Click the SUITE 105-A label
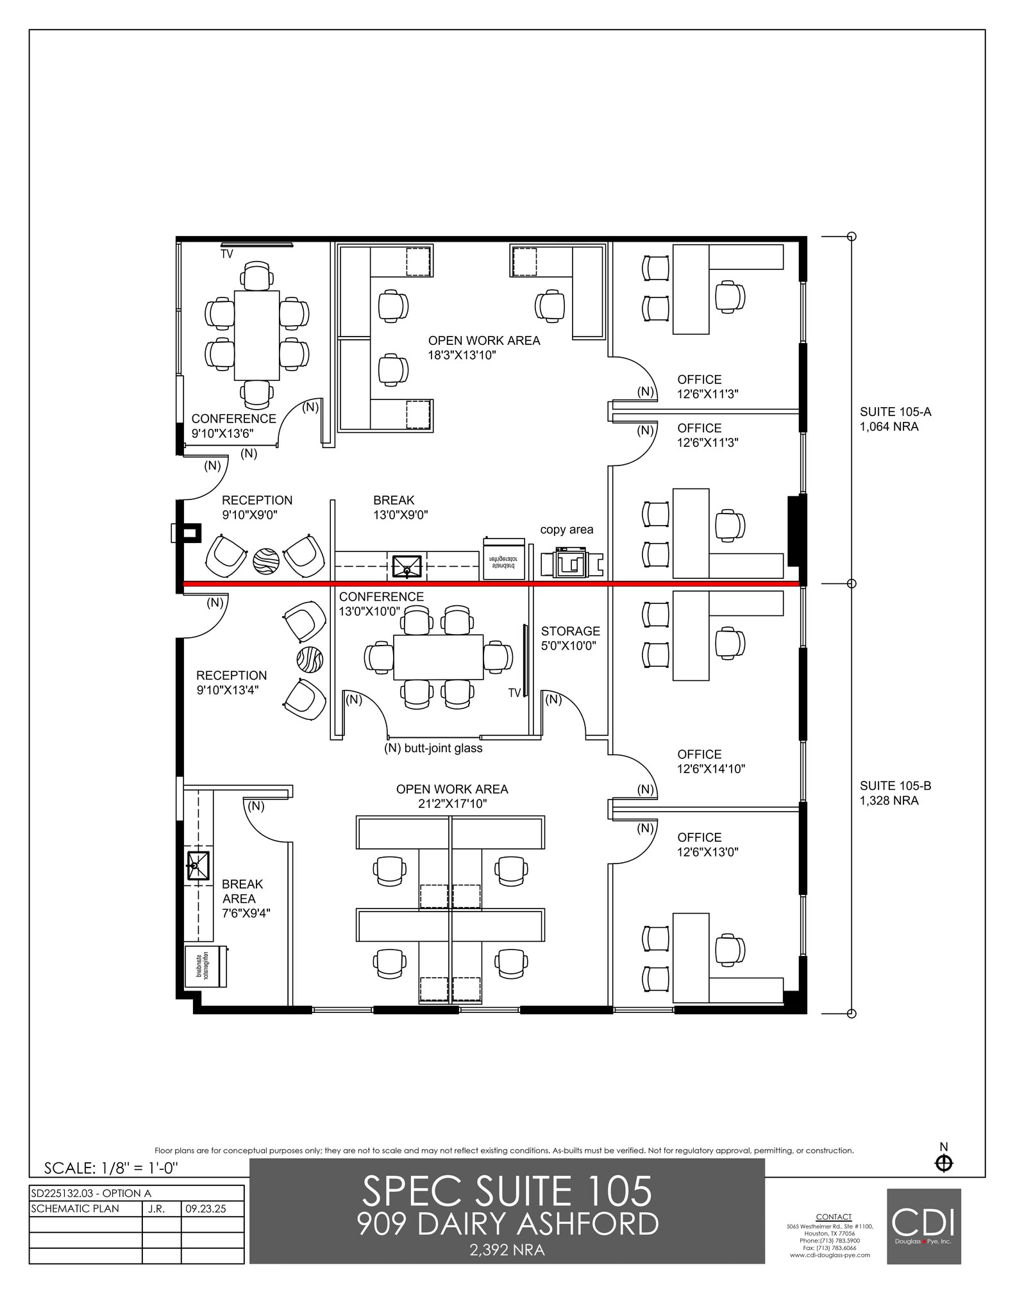[x=895, y=419]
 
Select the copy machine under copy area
[x=571, y=562]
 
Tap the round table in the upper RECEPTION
[x=266, y=562]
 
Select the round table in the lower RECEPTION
[x=310, y=659]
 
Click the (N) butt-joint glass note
[x=433, y=748]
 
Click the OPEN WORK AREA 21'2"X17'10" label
[x=452, y=796]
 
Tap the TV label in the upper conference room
[x=227, y=254]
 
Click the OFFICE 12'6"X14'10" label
[x=710, y=762]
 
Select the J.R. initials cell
[x=156, y=1209]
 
